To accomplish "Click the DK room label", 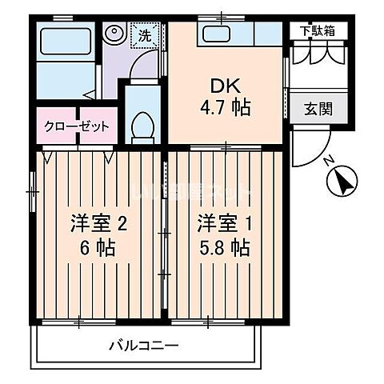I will point(222,85).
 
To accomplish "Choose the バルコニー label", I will point(144,346).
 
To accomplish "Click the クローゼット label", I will point(77,127).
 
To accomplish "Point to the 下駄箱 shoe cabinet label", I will point(318,31).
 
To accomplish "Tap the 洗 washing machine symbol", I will point(144,35).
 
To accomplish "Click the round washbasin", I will point(115,34).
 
